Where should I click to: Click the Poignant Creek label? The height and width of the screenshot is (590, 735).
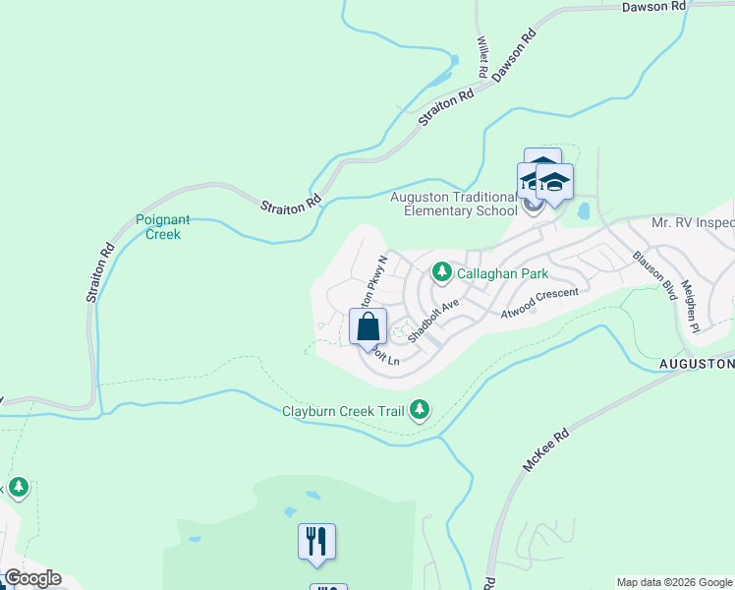pyautogui.click(x=163, y=227)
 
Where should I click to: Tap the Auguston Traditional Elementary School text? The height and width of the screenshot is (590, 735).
pyautogui.click(x=454, y=204)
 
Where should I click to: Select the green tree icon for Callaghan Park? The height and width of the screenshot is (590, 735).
pyautogui.click(x=442, y=270)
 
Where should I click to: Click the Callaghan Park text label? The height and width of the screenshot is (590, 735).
pyautogui.click(x=502, y=272)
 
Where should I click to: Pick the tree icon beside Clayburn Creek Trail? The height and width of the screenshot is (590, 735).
pyautogui.click(x=420, y=409)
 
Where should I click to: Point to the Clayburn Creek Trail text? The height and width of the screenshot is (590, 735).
pyautogui.click(x=343, y=411)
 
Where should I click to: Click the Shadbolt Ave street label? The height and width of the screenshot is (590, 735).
pyautogui.click(x=434, y=320)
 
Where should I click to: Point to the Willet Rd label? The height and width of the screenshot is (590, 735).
pyautogui.click(x=482, y=58)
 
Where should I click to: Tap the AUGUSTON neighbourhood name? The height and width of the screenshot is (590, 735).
pyautogui.click(x=696, y=364)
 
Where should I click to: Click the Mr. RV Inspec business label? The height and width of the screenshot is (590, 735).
pyautogui.click(x=692, y=223)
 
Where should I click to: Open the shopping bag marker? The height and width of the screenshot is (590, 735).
pyautogui.click(x=368, y=327)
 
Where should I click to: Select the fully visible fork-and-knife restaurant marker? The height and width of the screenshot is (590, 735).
pyautogui.click(x=317, y=542)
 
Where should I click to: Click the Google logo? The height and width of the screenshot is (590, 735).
pyautogui.click(x=32, y=578)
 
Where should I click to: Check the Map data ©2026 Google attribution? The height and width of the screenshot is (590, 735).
pyautogui.click(x=674, y=582)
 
